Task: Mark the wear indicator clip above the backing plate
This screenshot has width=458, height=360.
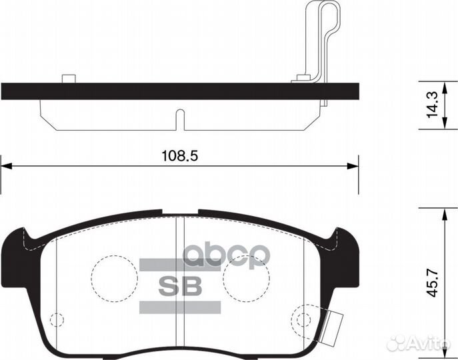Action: pos(319,40)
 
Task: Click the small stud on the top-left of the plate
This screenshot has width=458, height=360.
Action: pos(67,79)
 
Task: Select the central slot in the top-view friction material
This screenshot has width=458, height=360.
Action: pos(178,119)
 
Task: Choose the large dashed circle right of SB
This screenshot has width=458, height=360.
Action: pos(245,276)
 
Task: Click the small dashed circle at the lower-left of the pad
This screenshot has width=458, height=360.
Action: pos(57,319)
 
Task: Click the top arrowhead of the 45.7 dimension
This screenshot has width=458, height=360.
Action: pos(444,212)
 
